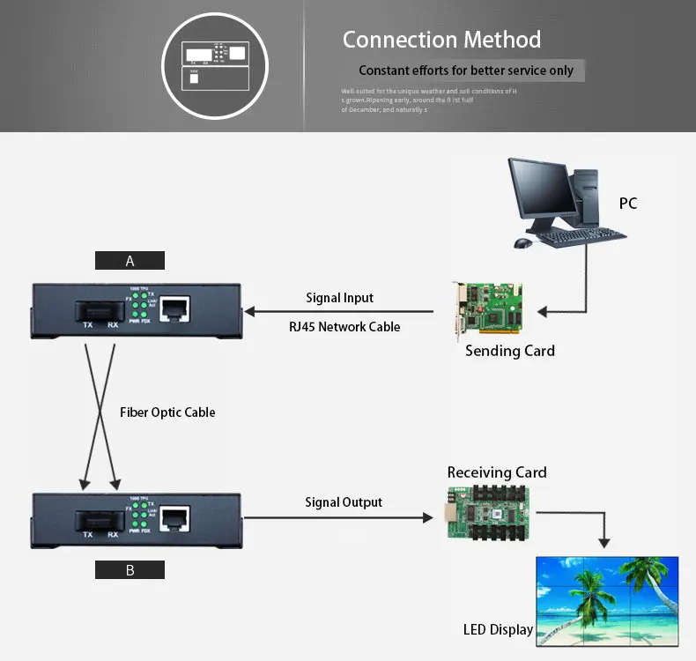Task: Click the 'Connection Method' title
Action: click(441, 40)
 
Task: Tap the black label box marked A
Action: click(130, 260)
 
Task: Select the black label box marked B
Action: click(130, 569)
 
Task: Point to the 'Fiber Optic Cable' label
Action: click(167, 412)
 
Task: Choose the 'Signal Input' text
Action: click(340, 298)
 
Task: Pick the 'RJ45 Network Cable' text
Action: click(344, 327)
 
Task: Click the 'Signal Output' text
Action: click(344, 502)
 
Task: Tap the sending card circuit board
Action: click(488, 309)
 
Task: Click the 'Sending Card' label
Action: click(510, 351)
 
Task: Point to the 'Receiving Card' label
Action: click(497, 472)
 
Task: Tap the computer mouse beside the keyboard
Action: click(522, 241)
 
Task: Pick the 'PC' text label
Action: click(627, 204)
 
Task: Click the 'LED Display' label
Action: click(498, 629)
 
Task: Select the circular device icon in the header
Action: click(217, 64)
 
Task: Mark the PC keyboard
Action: click(581, 236)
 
